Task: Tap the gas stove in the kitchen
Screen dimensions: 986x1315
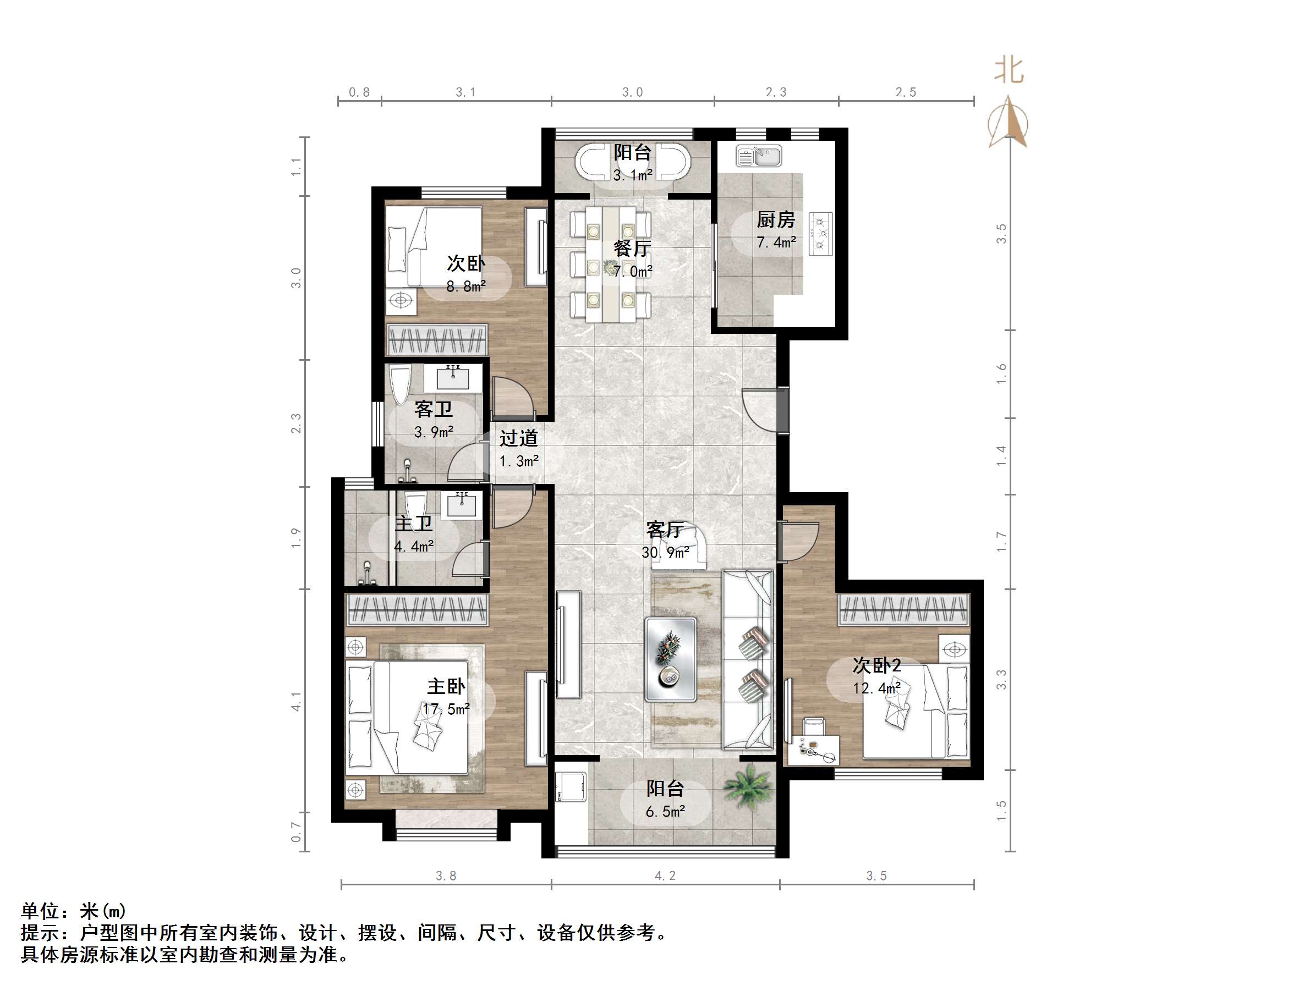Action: (x=821, y=234)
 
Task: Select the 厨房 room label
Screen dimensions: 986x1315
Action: (x=775, y=220)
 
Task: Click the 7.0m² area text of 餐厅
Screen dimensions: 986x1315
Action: (x=633, y=272)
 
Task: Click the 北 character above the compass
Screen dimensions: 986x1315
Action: (x=1009, y=71)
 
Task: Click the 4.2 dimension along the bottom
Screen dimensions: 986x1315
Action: (x=665, y=875)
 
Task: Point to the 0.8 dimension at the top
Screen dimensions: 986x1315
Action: (x=359, y=92)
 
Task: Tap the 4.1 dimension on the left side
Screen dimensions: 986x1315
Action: (x=296, y=701)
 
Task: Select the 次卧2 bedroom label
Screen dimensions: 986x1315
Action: (x=876, y=665)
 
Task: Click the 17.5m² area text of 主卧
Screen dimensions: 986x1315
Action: (x=446, y=709)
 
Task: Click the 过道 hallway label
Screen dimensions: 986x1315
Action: (x=518, y=438)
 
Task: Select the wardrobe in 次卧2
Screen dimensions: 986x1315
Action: (x=903, y=609)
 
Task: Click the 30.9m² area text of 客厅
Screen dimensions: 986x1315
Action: (x=665, y=553)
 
